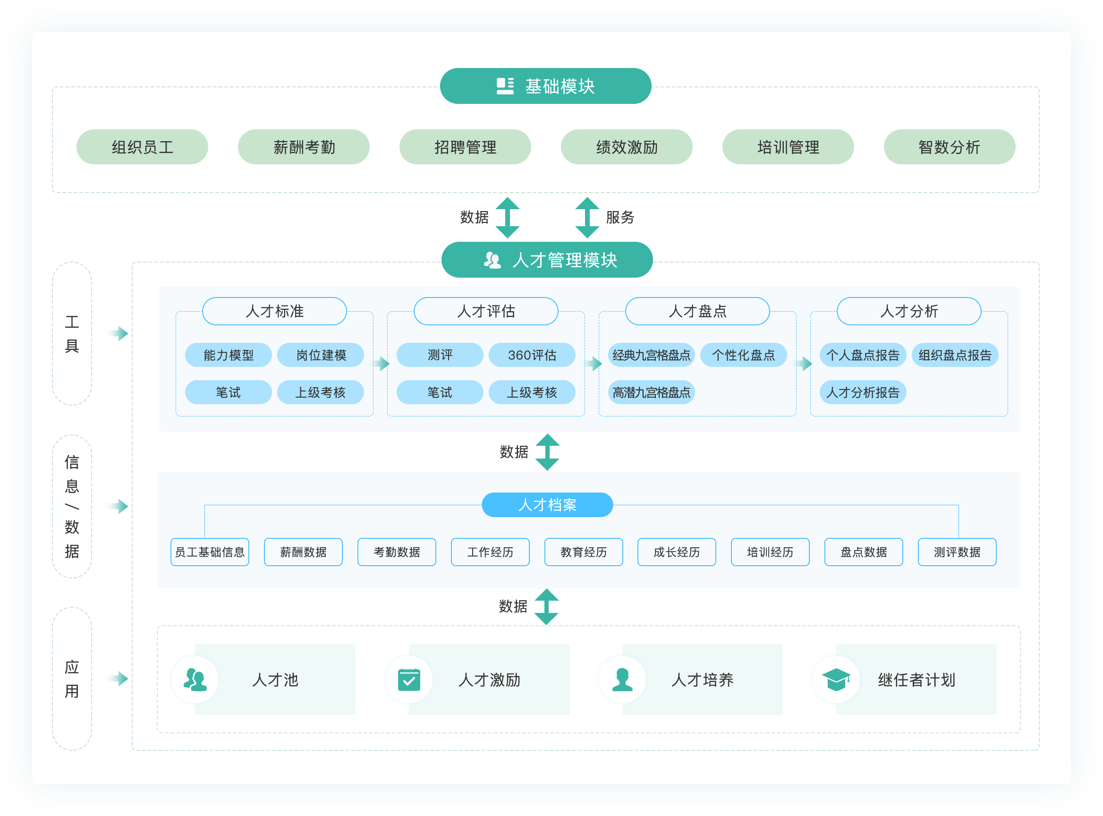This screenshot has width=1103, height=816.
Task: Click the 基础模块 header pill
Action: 545,86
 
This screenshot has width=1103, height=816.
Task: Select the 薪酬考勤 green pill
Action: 303,147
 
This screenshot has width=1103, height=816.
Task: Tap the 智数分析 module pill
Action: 949,147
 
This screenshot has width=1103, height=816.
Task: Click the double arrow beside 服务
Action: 587,217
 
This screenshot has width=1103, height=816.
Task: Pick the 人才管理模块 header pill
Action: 547,260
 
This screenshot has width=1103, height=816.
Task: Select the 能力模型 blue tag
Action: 228,355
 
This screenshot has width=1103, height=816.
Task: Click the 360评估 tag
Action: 532,355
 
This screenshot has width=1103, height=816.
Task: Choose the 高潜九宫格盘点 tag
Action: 651,393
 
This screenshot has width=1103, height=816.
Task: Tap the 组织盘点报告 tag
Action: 954,355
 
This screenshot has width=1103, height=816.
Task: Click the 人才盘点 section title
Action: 697,311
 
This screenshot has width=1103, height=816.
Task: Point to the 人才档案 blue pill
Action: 547,505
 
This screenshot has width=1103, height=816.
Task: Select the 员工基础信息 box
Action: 210,552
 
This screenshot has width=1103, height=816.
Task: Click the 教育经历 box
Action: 583,552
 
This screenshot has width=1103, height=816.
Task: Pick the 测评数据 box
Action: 957,552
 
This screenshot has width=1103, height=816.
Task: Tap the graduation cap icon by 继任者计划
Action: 836,680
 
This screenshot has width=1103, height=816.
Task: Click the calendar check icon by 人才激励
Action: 409,680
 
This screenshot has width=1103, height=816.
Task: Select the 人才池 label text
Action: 275,680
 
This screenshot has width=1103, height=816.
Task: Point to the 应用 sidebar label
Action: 72,679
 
